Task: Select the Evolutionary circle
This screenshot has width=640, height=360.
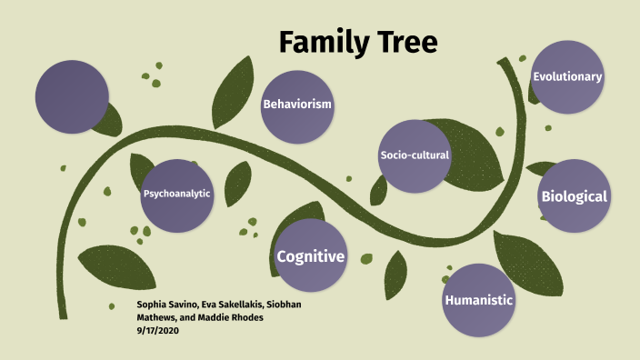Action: click(568, 76)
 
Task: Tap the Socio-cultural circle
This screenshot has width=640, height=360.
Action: click(415, 155)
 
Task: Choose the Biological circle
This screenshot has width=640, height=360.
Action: click(574, 195)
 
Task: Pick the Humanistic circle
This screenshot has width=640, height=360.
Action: click(479, 300)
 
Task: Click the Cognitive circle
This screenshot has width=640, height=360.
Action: click(311, 256)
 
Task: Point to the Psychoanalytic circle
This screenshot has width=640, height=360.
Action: click(176, 194)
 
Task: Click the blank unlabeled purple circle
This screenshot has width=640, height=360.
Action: click(71, 95)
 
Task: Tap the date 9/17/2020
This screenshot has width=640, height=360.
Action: click(157, 329)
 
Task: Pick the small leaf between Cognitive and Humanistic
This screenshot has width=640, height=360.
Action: click(395, 274)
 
